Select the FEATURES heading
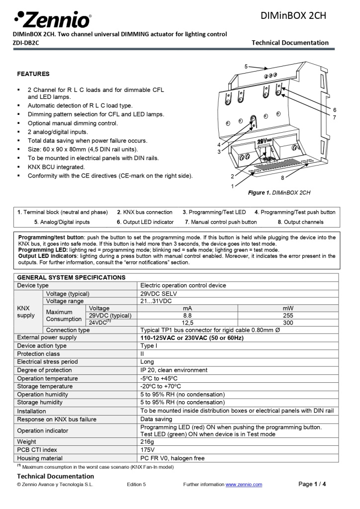[33, 74]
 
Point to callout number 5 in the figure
[246, 66]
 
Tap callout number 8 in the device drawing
[282, 177]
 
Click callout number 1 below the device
[232, 186]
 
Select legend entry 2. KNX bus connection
[145, 212]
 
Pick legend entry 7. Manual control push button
[221, 222]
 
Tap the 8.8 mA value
[187, 315]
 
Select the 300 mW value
[288, 323]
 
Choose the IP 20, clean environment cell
[174, 370]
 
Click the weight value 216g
[148, 442]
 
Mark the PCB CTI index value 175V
[148, 450]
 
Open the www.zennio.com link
[244, 485]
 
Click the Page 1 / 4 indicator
[312, 484]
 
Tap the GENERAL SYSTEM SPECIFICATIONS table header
[71, 277]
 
